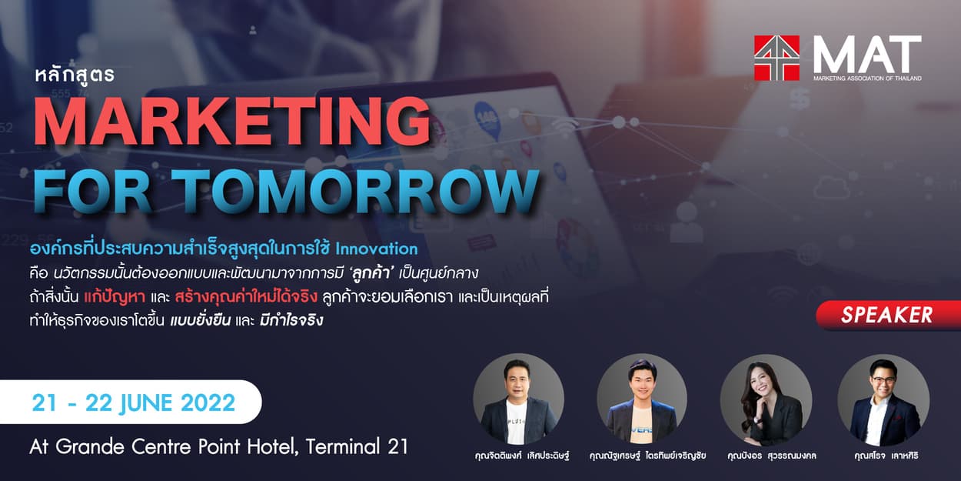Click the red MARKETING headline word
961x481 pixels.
(232, 121)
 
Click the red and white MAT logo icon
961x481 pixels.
(776, 58)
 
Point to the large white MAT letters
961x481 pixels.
(867, 55)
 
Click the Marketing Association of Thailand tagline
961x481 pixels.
(867, 78)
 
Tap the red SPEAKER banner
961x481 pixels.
(888, 316)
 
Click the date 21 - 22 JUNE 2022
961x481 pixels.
(134, 403)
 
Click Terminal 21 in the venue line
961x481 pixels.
(357, 446)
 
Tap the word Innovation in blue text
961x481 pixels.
(376, 249)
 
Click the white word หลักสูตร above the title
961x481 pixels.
(75, 75)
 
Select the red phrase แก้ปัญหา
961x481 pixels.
(114, 297)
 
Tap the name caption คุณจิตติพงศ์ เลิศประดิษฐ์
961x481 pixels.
(522, 456)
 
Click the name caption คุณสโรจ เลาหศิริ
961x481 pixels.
(886, 456)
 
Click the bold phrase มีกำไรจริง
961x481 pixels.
(291, 320)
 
